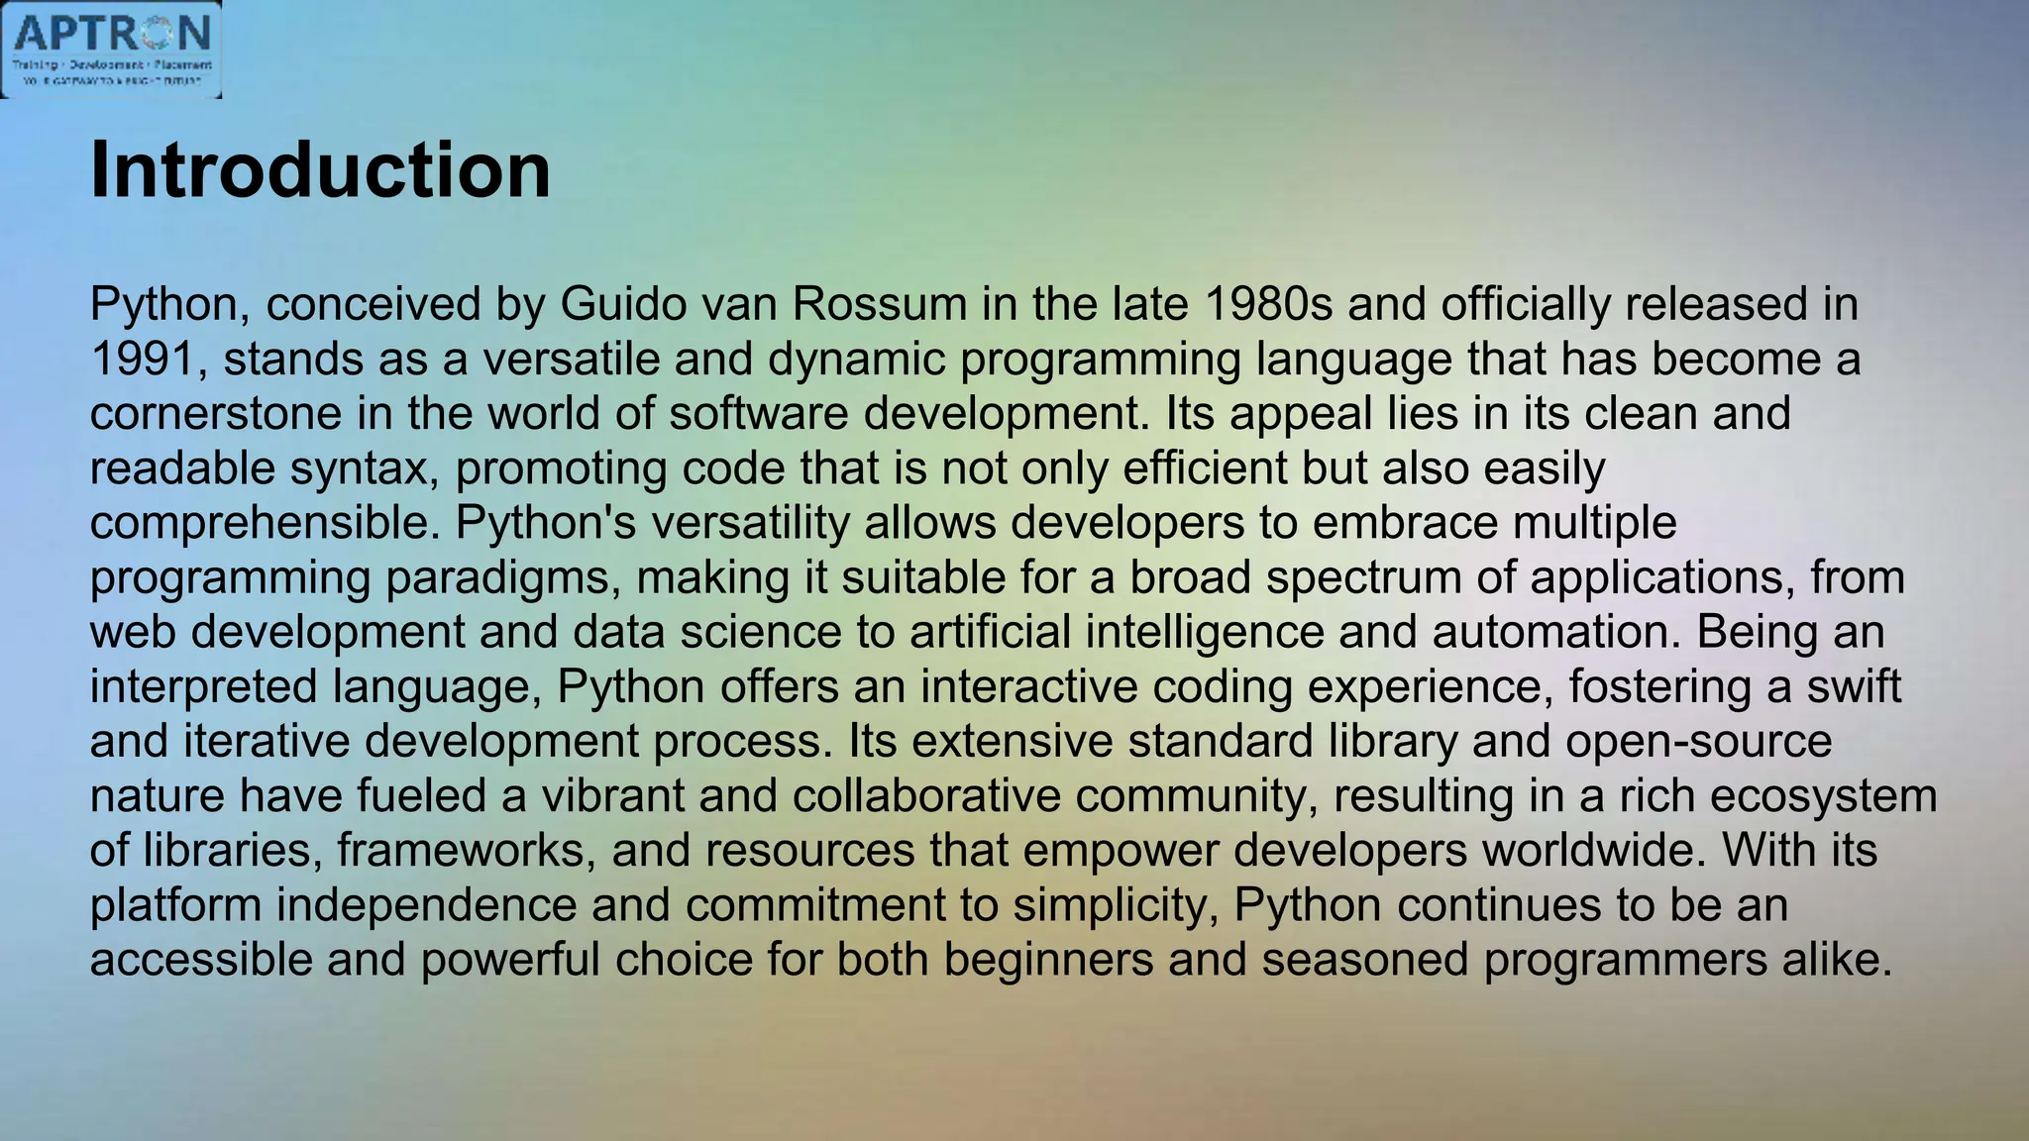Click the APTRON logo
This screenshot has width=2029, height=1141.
(111, 50)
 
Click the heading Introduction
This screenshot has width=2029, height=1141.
(320, 170)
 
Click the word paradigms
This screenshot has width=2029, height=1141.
(502, 577)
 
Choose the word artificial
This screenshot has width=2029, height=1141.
(990, 632)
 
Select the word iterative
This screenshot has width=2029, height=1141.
(267, 741)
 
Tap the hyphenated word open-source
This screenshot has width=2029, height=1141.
(1698, 741)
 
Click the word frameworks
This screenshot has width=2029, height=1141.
(467, 851)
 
